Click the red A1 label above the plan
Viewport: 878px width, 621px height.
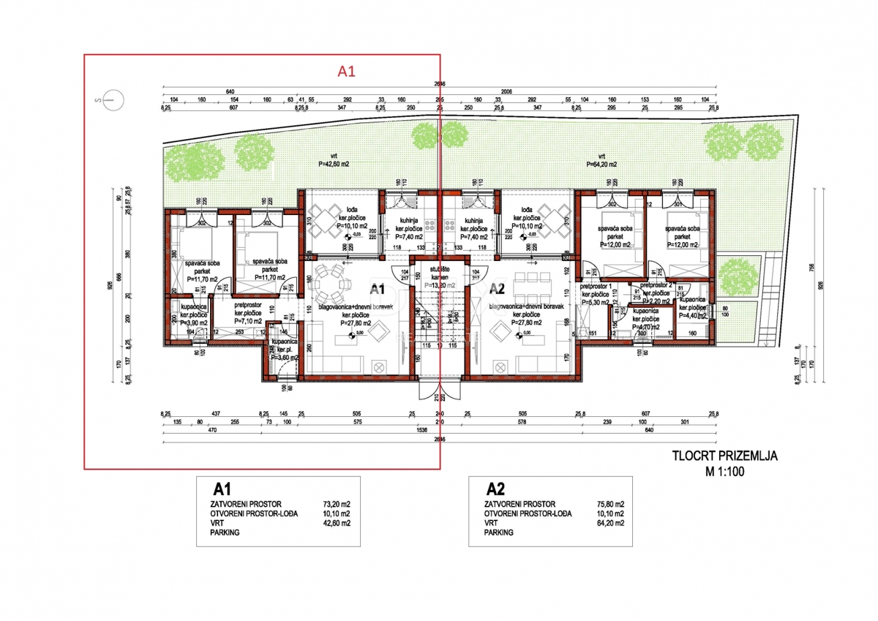coord(345,71)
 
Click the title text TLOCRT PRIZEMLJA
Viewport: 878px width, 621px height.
coord(724,456)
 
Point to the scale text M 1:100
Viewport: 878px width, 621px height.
coord(724,472)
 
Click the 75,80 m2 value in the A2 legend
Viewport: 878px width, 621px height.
coord(609,504)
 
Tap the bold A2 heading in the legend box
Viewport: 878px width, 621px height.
coord(495,489)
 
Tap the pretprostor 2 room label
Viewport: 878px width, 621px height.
coord(655,285)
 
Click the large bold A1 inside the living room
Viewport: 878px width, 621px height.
coord(378,289)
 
